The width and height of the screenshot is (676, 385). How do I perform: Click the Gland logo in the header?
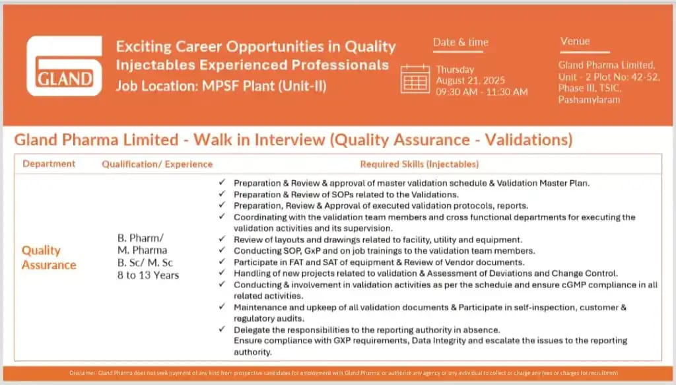point(64,66)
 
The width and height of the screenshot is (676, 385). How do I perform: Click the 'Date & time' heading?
point(461,42)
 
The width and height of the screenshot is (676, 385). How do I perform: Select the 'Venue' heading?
point(575,41)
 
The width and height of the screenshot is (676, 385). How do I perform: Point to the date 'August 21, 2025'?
point(470,81)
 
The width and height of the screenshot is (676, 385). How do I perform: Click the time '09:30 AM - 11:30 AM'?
point(481,92)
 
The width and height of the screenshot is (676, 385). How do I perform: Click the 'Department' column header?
point(49,164)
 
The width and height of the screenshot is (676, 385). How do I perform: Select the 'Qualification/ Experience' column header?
point(157,164)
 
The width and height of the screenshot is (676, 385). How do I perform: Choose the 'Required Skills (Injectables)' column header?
point(419,164)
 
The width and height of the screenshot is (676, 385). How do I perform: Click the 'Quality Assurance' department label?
point(49,258)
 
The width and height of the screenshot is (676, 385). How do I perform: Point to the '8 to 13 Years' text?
point(149,275)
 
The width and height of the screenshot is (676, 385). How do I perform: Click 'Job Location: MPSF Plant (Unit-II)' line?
point(221,85)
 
